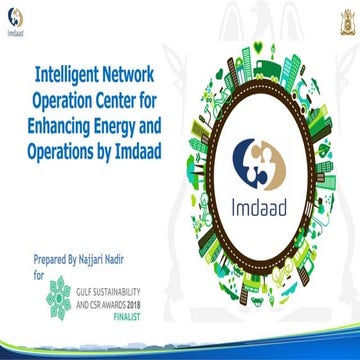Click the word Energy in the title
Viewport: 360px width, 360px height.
click(x=141, y=119)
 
